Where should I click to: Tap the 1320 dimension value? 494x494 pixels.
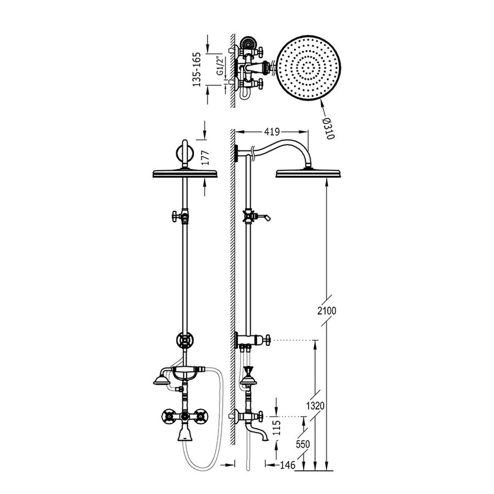click(316, 406)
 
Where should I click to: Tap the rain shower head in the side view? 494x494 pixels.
click(311, 173)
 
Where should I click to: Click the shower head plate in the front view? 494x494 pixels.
click(184, 174)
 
